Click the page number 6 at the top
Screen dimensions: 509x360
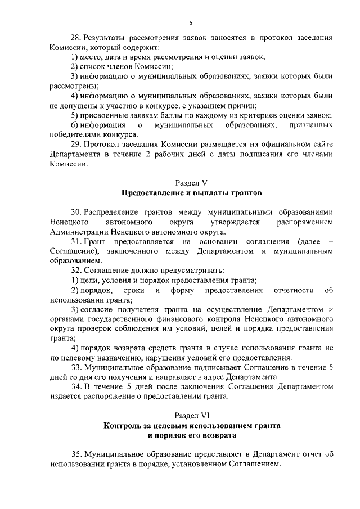[x=191, y=23]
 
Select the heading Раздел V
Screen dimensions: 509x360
[x=191, y=183]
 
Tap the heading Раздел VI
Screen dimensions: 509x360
[x=191, y=415]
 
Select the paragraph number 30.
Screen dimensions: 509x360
[x=76, y=212]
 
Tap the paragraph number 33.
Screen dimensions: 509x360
[x=76, y=367]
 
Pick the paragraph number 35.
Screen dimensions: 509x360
[x=76, y=454]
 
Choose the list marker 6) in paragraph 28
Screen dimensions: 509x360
[x=74, y=124]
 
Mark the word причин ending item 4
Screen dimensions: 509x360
[x=245, y=105]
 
